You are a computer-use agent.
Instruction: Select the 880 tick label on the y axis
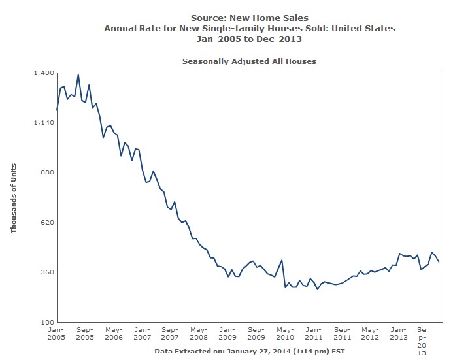tap(44, 172)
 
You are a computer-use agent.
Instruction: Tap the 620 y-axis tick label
tap(44, 222)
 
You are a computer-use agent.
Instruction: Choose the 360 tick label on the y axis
tap(44, 272)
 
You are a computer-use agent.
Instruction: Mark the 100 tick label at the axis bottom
tap(44, 322)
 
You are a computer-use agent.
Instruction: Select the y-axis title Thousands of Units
tap(13, 198)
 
